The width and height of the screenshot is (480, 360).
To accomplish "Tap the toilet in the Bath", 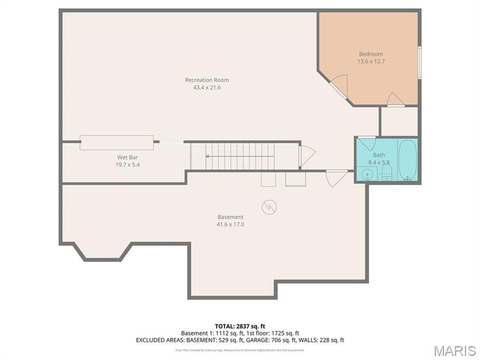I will coord(387,172).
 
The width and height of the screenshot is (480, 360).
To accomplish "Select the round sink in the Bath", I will coord(366,174).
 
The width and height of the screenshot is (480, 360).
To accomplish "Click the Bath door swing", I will coord(366,145).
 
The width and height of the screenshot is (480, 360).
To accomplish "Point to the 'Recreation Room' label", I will coord(207,80).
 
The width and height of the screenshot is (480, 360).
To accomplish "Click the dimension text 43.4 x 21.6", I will coord(207,87).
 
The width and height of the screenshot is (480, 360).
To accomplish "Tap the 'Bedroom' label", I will coord(371,54).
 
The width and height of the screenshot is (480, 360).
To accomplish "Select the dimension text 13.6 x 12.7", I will coord(371,61).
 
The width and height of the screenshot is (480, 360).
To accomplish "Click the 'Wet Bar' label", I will coord(128,157).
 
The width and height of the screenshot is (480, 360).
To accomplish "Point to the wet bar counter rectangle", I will coord(117,142).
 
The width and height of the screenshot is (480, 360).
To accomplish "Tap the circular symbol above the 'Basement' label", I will coord(269,206).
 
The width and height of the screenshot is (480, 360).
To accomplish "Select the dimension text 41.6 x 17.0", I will coord(230,225).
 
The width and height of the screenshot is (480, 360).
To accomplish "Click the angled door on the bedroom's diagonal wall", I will coord(339,85).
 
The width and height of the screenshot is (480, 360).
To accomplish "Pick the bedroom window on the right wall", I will coord(419,62).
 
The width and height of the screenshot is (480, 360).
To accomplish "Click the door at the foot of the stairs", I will coord(306,156).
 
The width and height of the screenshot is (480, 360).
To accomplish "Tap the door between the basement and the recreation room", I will coord(337,177).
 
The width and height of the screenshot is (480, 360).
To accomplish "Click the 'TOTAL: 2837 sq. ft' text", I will coord(239,326).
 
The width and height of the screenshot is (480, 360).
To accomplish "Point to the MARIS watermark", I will coord(454,350).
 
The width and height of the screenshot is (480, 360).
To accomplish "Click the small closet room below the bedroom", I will coord(399,121).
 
